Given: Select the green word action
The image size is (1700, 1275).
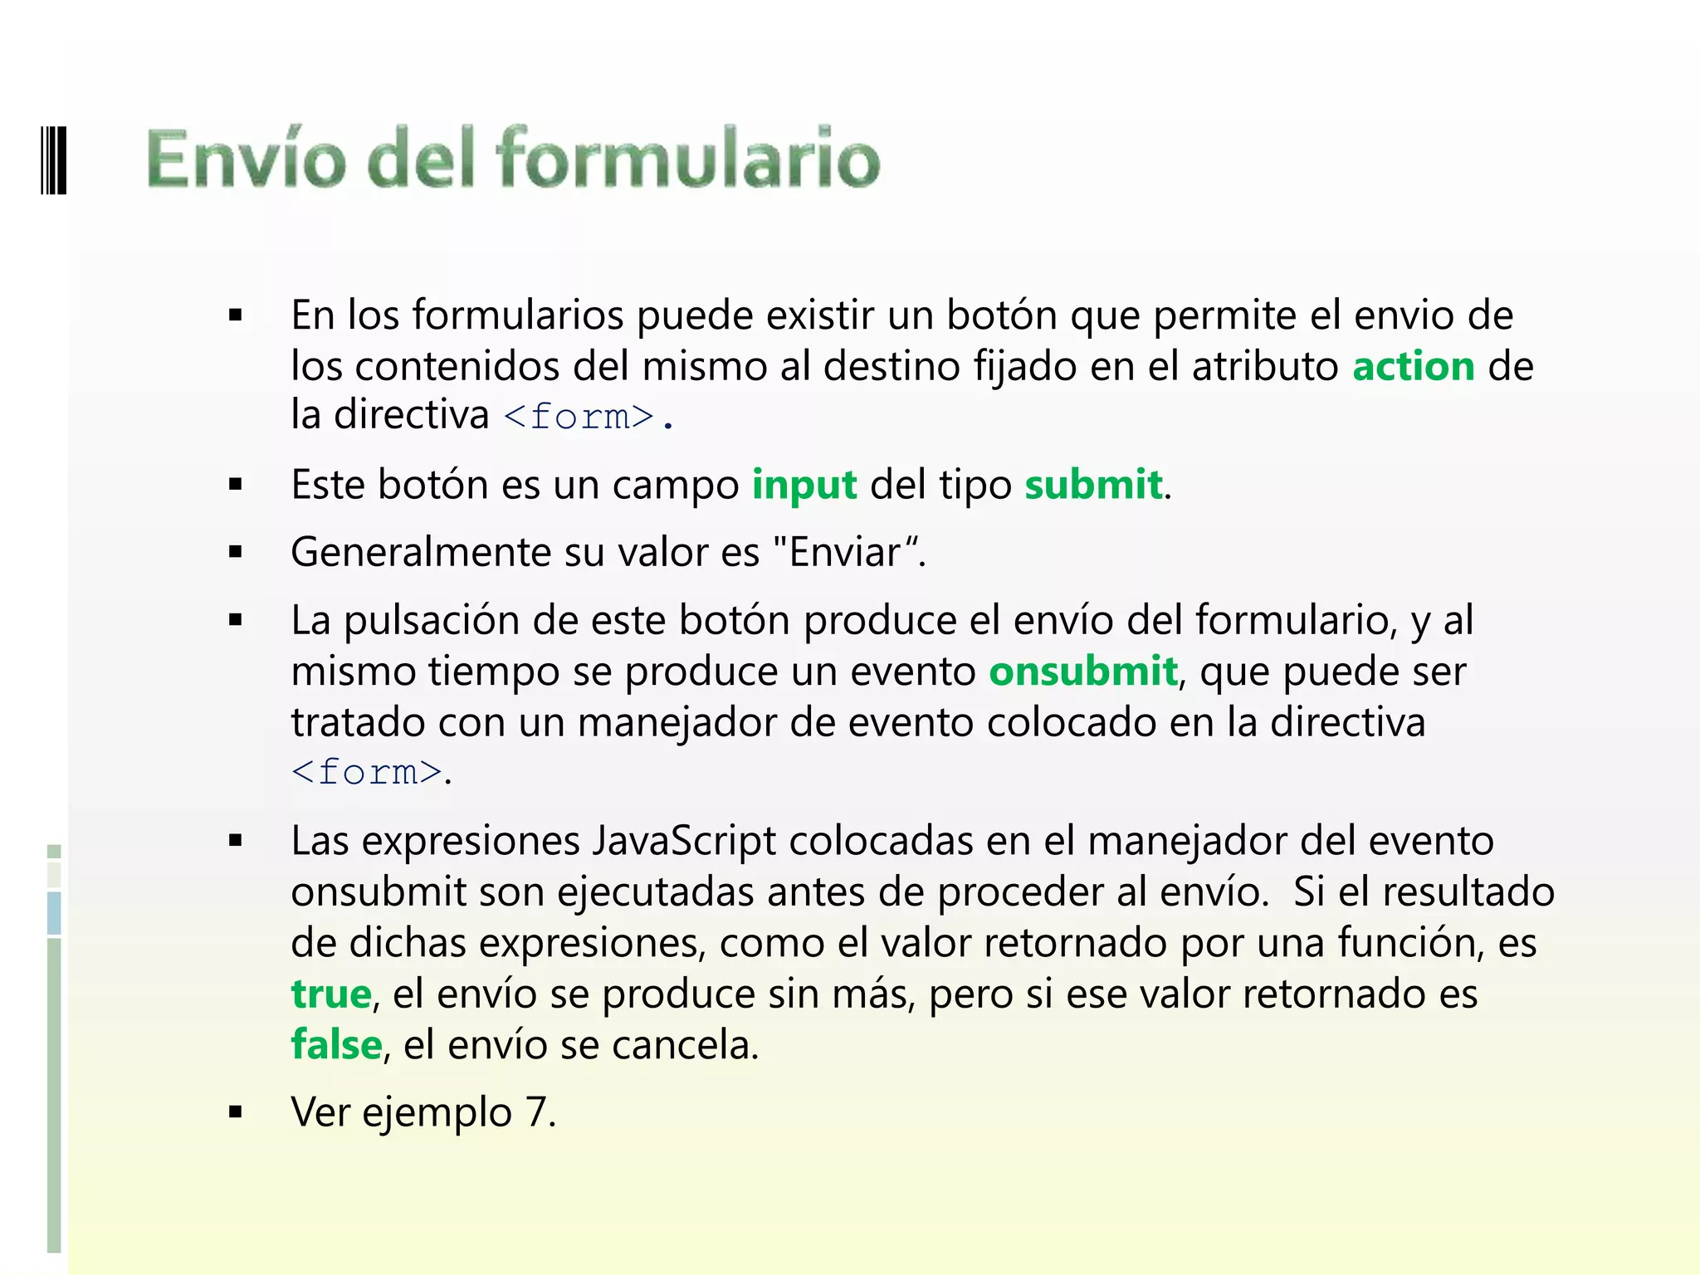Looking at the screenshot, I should pyautogui.click(x=1414, y=366).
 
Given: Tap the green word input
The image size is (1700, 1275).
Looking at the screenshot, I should pyautogui.click(x=804, y=484).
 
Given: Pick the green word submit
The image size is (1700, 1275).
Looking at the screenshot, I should pyautogui.click(x=1093, y=484).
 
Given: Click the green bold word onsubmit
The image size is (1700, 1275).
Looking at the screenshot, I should pyautogui.click(x=1083, y=671).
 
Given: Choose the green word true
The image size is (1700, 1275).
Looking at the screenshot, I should pyautogui.click(x=331, y=994).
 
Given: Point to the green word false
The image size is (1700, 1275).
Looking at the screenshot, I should pyautogui.click(x=336, y=1044).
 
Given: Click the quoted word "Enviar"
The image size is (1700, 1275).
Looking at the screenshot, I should pyautogui.click(x=848, y=552).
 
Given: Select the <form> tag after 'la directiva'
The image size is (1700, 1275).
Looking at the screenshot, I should pyautogui.click(x=579, y=416).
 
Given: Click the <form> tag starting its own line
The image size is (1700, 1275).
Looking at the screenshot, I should pyautogui.click(x=367, y=772).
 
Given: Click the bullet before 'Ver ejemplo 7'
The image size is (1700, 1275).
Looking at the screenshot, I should pyautogui.click(x=236, y=1112).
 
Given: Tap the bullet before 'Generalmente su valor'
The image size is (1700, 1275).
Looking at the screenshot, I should pyautogui.click(x=236, y=552).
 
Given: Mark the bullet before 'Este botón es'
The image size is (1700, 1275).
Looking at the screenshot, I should pyautogui.click(x=236, y=485).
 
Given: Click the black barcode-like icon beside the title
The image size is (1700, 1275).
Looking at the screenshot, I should pyautogui.click(x=53, y=159).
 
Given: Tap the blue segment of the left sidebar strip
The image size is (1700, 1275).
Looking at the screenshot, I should pyautogui.click(x=54, y=913).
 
